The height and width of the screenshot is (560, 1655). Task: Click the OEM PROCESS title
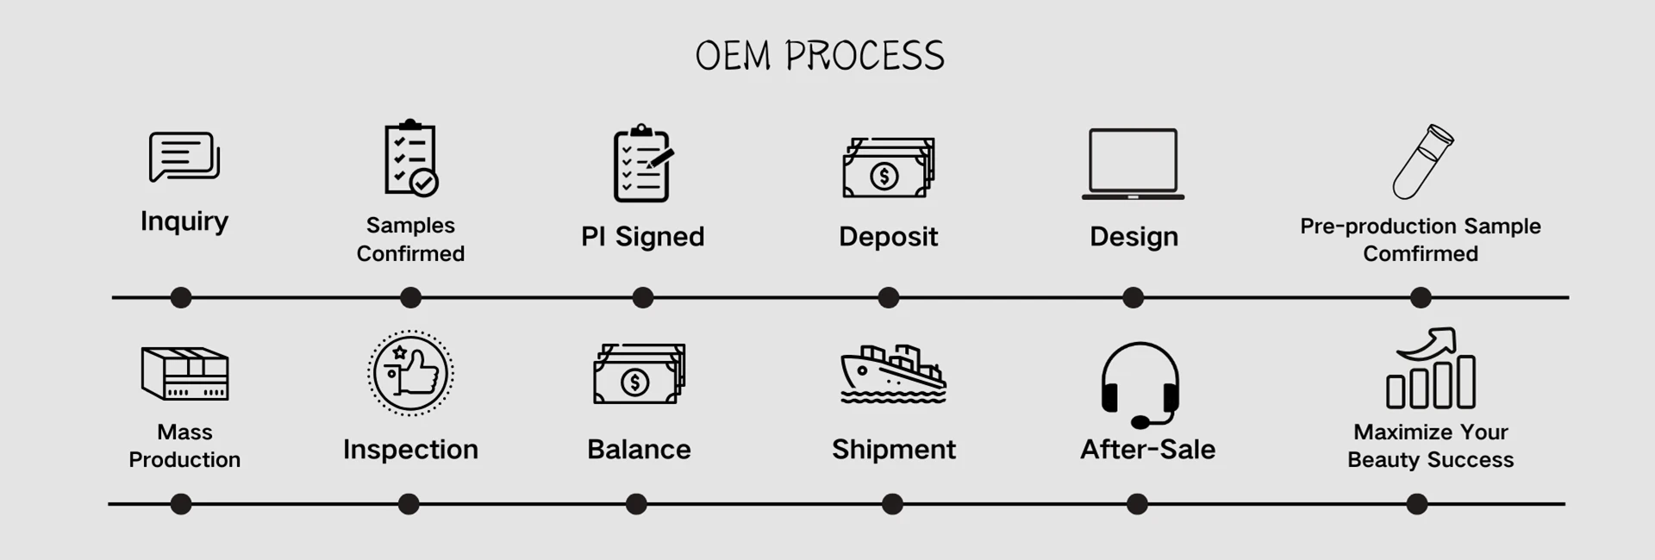[x=820, y=56]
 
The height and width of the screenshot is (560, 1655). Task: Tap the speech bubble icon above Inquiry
[x=184, y=157]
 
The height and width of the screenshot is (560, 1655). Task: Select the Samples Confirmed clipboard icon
[x=410, y=159]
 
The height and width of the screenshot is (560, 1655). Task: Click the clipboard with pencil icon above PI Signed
[x=642, y=164]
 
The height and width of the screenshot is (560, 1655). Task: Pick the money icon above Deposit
[x=888, y=168]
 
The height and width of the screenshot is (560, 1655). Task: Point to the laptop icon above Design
[x=1133, y=164]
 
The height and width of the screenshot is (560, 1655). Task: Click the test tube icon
[x=1422, y=162]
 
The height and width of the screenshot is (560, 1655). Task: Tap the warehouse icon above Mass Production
[x=184, y=374]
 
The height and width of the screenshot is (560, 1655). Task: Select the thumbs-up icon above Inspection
[x=410, y=373]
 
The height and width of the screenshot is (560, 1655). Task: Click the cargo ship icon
[x=893, y=375]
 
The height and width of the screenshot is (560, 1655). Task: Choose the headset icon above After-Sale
[x=1140, y=383]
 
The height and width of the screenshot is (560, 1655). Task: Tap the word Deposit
[x=888, y=237]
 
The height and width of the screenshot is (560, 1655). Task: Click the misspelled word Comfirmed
[x=1420, y=254]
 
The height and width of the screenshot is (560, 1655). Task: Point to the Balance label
[x=639, y=450]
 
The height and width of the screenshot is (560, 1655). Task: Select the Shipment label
[x=893, y=450]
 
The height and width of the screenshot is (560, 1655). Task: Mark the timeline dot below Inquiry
[x=181, y=298]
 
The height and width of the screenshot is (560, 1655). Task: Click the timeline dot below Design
[x=1133, y=298]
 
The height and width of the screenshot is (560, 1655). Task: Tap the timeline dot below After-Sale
[x=1137, y=504]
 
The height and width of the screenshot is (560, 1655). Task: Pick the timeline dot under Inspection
[x=409, y=504]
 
